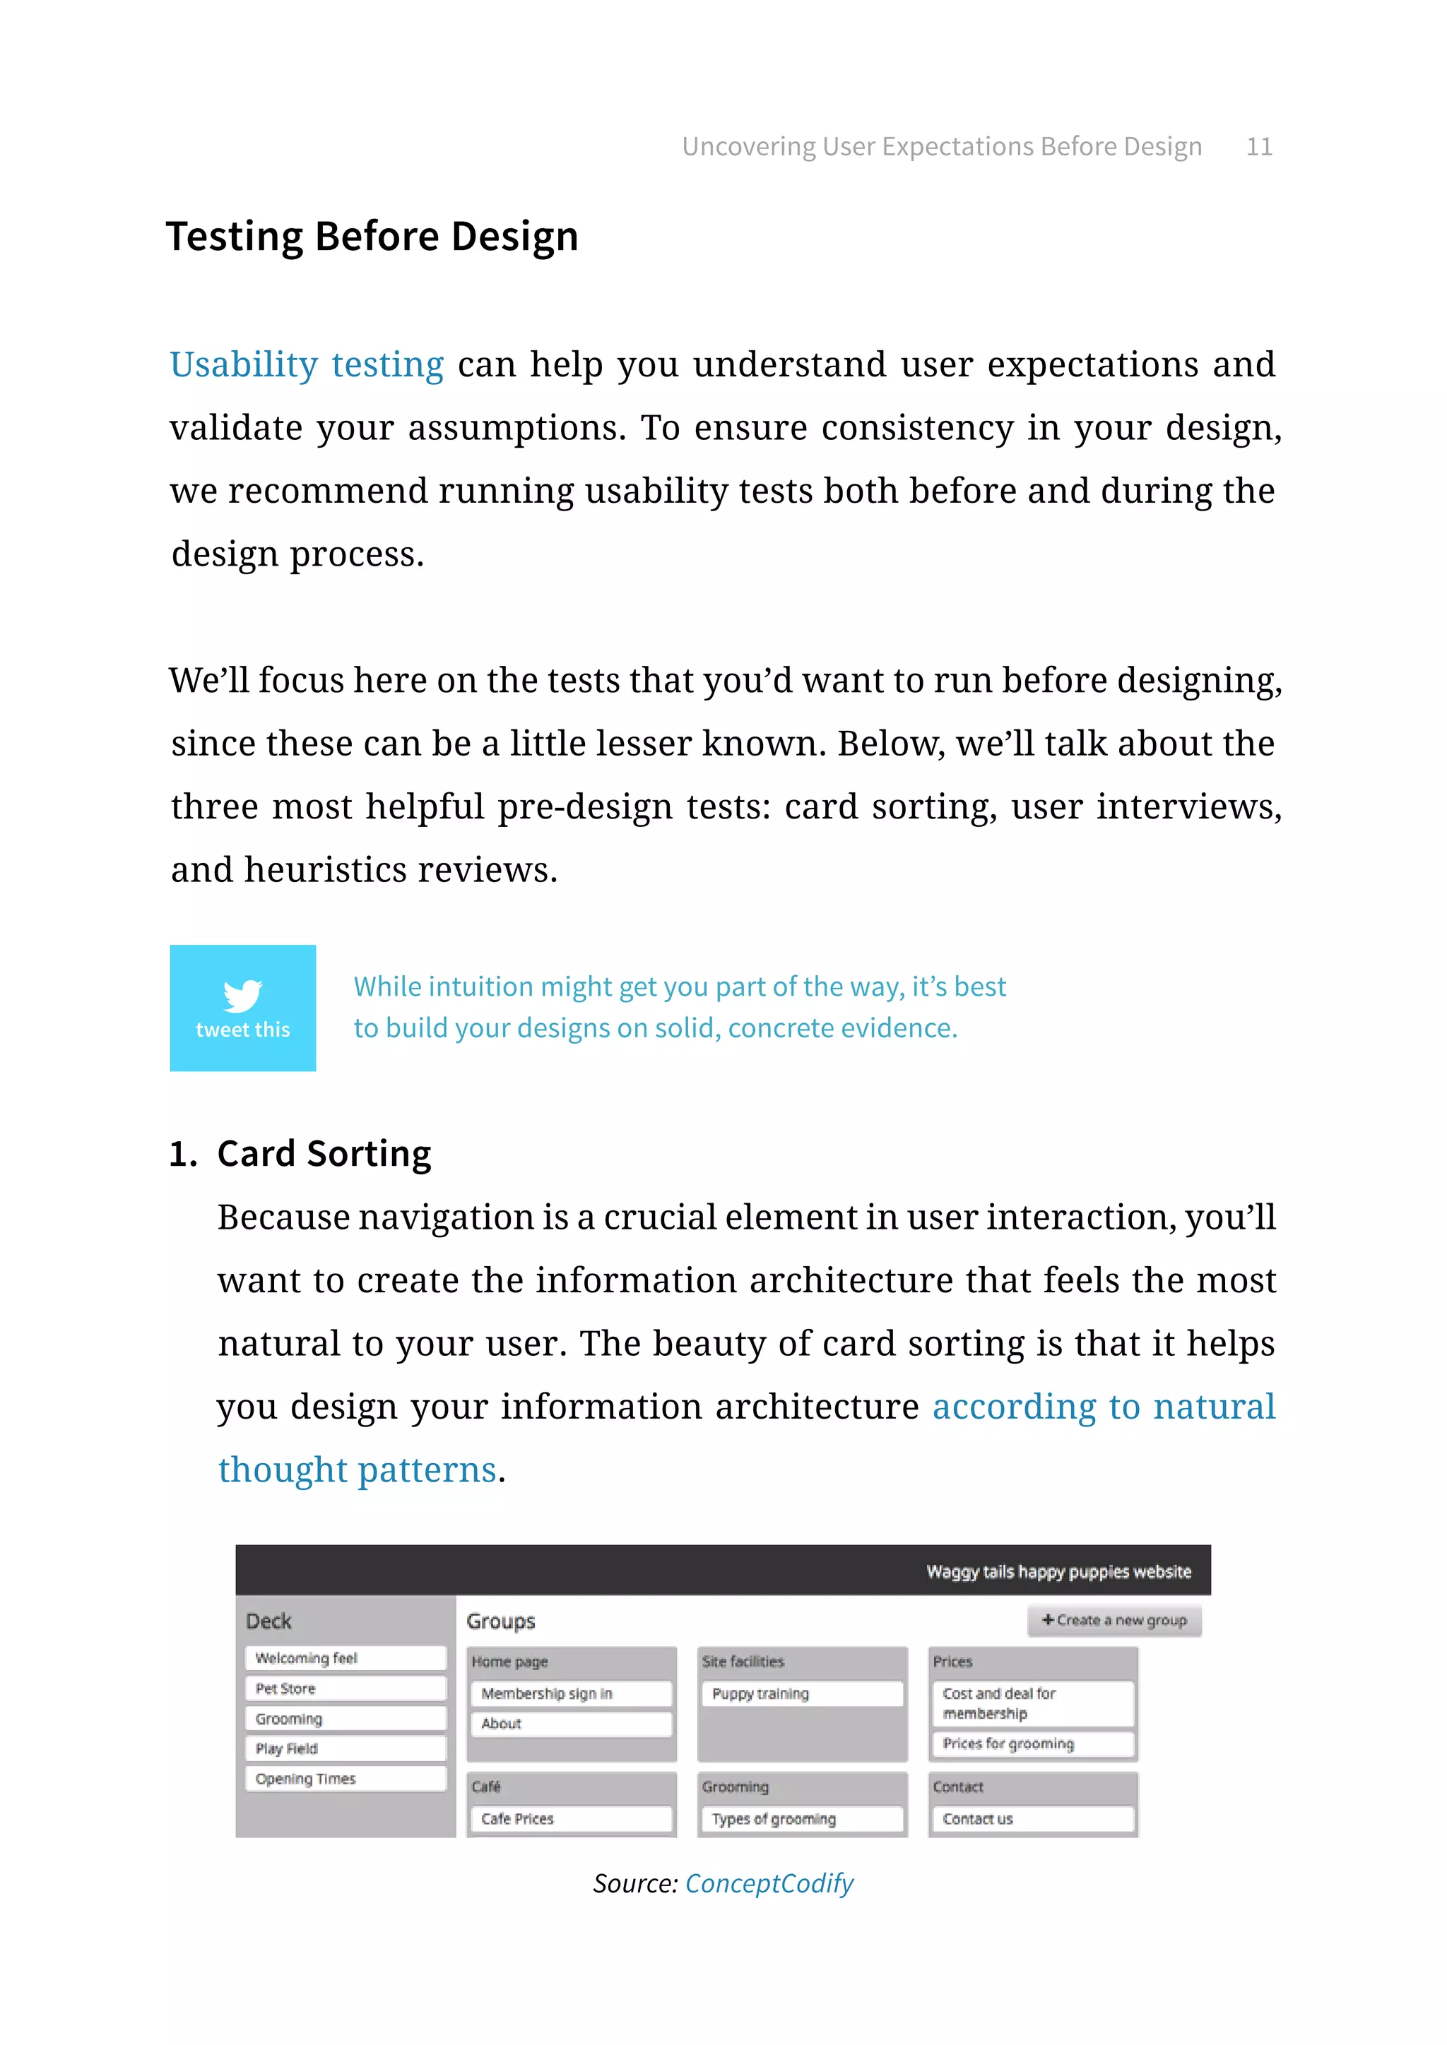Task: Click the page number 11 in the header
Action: [1258, 146]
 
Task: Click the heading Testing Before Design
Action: [372, 237]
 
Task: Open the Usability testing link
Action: [307, 365]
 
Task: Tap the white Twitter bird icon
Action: [242, 995]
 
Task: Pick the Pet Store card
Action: [345, 1688]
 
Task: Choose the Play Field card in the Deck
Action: [345, 1748]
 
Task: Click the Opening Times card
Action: [345, 1779]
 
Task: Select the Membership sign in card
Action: [570, 1693]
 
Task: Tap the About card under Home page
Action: [570, 1724]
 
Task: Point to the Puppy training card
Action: [802, 1693]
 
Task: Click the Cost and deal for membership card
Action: [1032, 1703]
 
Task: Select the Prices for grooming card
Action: [1032, 1744]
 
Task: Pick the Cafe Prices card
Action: [570, 1819]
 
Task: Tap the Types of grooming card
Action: [802, 1819]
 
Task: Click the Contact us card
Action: [1032, 1819]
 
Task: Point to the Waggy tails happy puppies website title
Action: [1058, 1572]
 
